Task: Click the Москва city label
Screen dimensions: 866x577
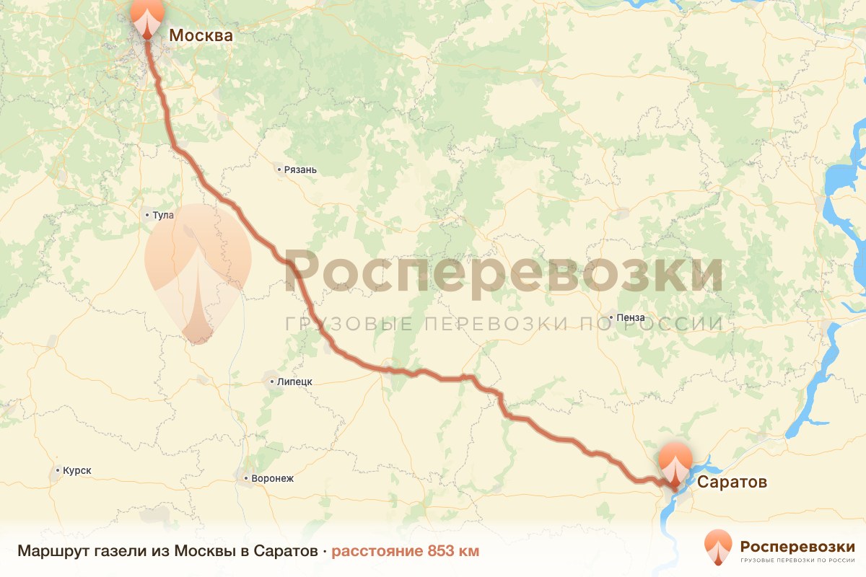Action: click(x=201, y=35)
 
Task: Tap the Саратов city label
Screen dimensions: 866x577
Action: click(x=732, y=481)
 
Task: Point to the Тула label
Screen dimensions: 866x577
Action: click(x=163, y=215)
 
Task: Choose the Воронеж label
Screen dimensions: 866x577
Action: click(x=272, y=478)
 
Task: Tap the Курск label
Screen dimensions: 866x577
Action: click(x=77, y=470)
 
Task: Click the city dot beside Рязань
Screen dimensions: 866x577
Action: click(x=279, y=170)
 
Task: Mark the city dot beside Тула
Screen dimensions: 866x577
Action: click(x=147, y=215)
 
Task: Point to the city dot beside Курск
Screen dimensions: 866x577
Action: click(x=58, y=470)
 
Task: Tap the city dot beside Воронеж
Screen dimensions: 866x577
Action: click(x=245, y=478)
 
